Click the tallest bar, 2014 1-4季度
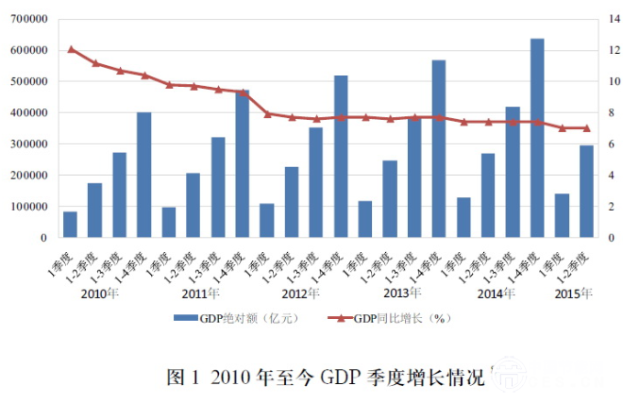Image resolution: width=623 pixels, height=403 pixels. (x=537, y=138)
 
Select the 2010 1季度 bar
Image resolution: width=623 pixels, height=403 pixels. (x=71, y=225)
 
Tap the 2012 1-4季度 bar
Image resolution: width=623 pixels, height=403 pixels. (x=341, y=157)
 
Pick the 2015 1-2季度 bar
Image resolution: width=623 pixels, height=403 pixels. (x=586, y=191)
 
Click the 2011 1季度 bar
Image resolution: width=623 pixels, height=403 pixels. (x=169, y=223)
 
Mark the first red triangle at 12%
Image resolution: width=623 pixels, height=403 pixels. (x=71, y=49)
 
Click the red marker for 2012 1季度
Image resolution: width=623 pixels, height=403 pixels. (x=267, y=113)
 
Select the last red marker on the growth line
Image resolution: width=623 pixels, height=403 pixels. (x=586, y=128)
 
